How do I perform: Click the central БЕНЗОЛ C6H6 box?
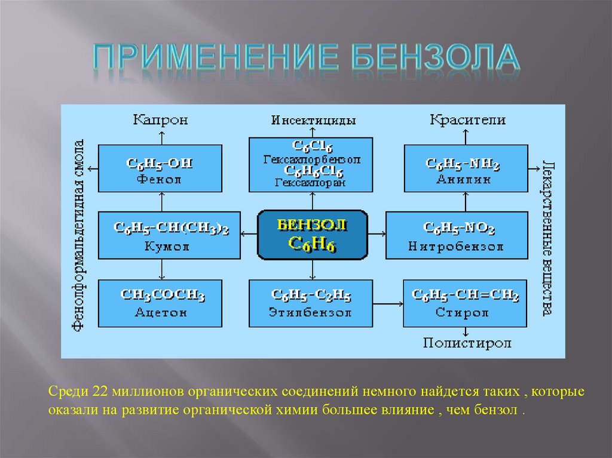point(312,235)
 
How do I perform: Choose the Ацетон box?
point(161,303)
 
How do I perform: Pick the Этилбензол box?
point(311,303)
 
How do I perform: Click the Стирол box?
point(466,303)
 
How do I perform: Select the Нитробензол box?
point(456,235)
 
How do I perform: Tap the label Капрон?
point(160,120)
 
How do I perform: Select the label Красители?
point(467,120)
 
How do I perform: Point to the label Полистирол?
point(467,343)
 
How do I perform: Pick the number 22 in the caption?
point(99,394)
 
